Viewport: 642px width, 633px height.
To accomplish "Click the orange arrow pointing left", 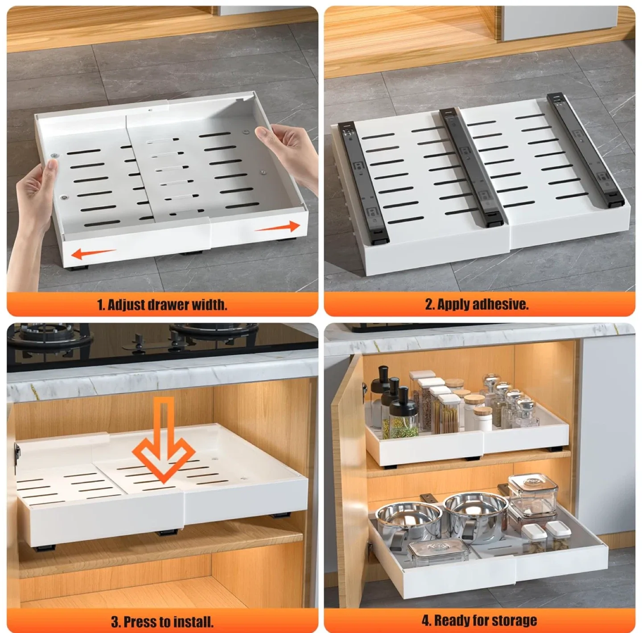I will (x=94, y=254).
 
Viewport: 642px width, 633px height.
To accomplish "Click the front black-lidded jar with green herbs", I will (x=403, y=417).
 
